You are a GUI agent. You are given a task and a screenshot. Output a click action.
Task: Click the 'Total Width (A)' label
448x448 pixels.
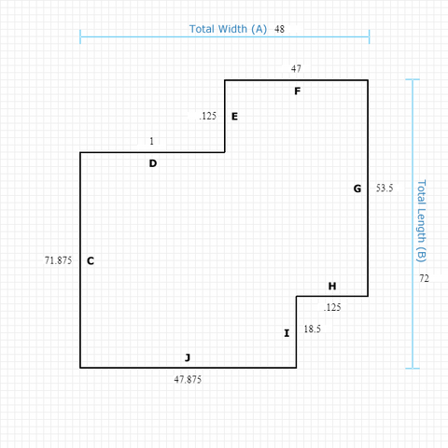pyautogui.click(x=228, y=29)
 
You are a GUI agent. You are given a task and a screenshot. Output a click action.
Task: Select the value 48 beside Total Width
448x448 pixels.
pyautogui.click(x=279, y=29)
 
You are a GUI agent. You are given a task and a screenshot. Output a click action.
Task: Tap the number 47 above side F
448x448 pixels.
pyautogui.click(x=296, y=68)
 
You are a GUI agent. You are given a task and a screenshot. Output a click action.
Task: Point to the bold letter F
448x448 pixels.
pyautogui.click(x=298, y=91)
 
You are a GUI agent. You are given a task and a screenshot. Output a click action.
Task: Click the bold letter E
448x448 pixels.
pyautogui.click(x=234, y=117)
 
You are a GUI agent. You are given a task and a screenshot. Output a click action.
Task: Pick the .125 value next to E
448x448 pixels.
pyautogui.click(x=207, y=116)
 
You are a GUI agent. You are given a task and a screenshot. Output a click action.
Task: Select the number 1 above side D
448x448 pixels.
pyautogui.click(x=151, y=141)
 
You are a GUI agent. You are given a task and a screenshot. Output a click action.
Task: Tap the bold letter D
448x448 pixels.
pyautogui.click(x=153, y=163)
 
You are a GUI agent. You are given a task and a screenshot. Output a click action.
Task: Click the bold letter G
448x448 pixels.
pyautogui.click(x=357, y=189)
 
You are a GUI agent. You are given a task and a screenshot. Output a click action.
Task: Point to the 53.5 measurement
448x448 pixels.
pyautogui.click(x=385, y=188)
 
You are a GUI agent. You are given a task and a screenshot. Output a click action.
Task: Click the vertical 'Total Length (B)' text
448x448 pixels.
pyautogui.click(x=421, y=221)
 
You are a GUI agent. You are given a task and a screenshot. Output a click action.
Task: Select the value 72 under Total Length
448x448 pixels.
pyautogui.click(x=424, y=278)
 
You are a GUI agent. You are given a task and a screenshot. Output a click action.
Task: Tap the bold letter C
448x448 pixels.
pyautogui.click(x=91, y=260)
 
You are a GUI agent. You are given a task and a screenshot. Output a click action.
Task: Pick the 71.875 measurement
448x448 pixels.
pyautogui.click(x=58, y=260)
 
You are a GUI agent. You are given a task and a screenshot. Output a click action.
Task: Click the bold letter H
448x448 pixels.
pyautogui.click(x=332, y=287)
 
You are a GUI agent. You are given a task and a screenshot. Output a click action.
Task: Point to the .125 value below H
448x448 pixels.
pyautogui.click(x=332, y=307)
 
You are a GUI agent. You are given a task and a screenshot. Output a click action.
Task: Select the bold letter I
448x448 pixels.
pyautogui.click(x=287, y=333)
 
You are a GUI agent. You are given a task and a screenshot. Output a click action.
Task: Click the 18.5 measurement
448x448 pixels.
pyautogui.click(x=313, y=329)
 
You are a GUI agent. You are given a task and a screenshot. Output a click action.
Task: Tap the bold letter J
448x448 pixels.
pyautogui.click(x=188, y=357)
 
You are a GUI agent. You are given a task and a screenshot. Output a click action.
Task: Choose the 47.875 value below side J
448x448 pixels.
pyautogui.click(x=188, y=380)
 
